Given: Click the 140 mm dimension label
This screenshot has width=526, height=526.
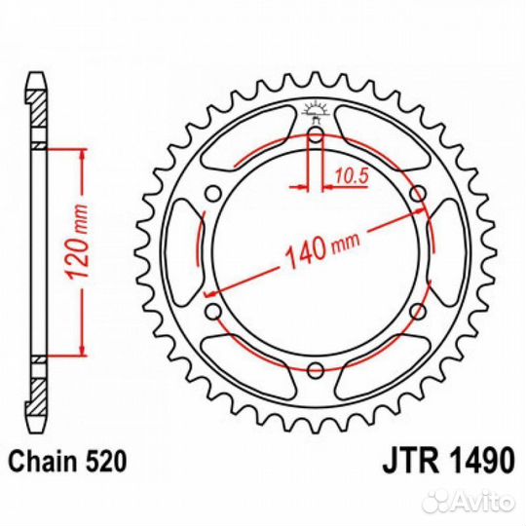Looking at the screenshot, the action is coord(322,248).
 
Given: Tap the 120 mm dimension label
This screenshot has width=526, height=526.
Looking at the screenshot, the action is coord(77,241).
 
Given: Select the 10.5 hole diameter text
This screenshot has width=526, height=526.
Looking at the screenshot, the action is coord(352,175).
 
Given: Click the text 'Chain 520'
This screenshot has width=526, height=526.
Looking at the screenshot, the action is coord(68,462).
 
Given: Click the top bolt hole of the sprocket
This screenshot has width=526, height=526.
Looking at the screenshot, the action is coord(316,135).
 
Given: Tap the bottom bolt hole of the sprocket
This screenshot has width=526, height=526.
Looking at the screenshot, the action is coord(316,371).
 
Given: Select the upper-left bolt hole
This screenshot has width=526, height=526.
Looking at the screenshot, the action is coord(213,194).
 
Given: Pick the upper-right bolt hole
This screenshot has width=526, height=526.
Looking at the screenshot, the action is coord(418,194).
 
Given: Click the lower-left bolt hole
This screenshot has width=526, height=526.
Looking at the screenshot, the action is coord(213,312).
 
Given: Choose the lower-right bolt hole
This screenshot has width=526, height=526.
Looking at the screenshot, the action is coord(418,312).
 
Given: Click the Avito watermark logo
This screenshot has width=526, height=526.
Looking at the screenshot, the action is coord(469,502).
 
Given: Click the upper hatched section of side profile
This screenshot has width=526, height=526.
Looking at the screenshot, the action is coord(36,108).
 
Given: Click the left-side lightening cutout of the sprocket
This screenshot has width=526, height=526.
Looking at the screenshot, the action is coord(184,252).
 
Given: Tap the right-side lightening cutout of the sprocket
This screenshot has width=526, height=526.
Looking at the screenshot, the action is coord(447,252).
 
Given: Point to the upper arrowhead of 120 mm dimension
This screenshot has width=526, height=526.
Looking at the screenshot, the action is coord(82,155).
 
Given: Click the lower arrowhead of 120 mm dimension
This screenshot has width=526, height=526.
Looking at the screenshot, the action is coord(82,349).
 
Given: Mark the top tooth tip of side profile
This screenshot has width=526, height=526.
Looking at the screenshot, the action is coord(36,73).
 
